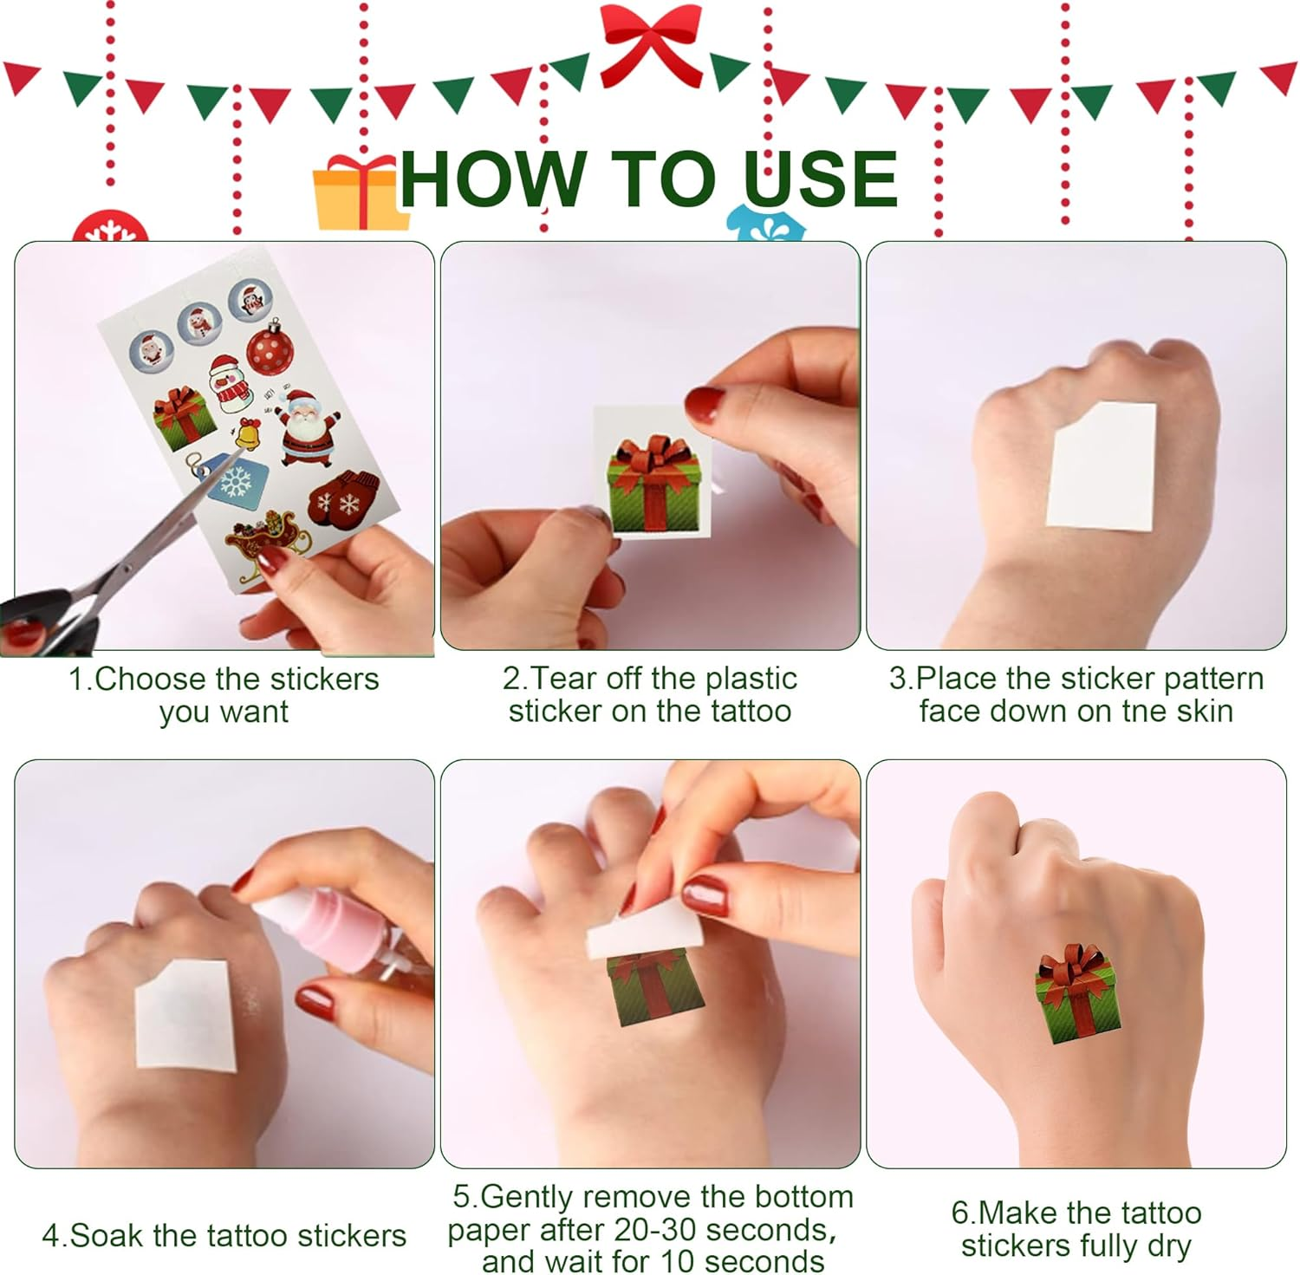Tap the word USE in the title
pyautogui.click(x=819, y=179)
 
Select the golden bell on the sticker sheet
pyautogui.click(x=248, y=433)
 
